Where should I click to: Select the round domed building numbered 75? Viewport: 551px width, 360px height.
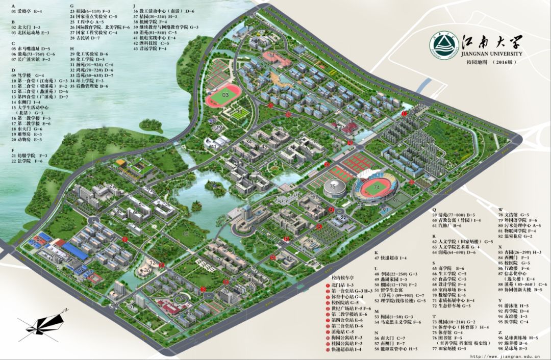pos(333,187)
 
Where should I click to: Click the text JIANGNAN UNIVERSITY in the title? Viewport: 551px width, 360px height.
pos(487,54)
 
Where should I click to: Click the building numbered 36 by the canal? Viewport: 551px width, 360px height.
pos(147,270)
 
